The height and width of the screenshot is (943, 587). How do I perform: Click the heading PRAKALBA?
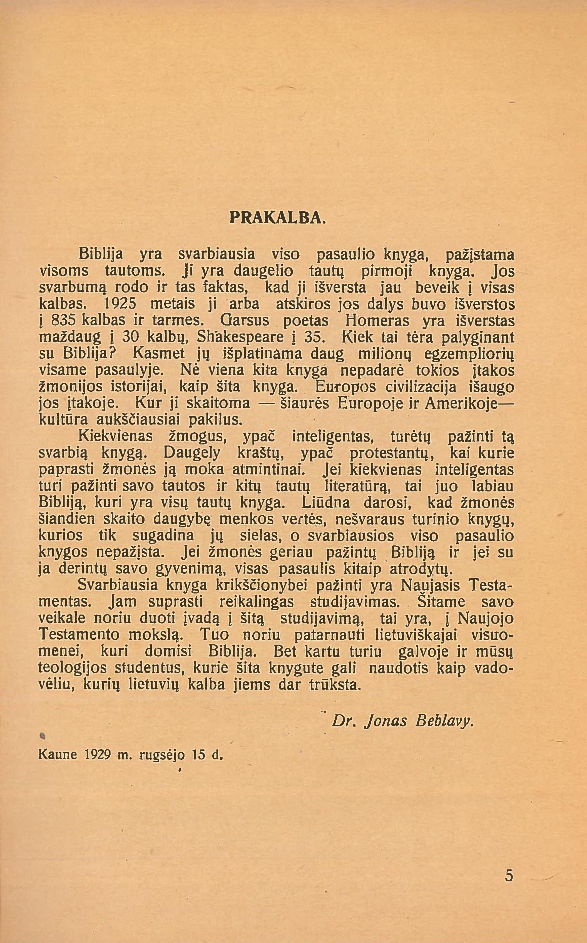pos(277,217)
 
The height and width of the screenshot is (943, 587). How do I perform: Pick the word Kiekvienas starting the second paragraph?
pos(116,436)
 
